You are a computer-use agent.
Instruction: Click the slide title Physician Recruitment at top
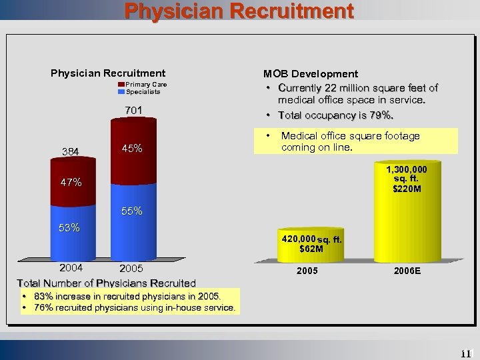[x=239, y=11]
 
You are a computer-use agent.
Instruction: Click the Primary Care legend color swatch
[x=122, y=85]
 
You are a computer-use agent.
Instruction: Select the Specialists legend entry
[x=143, y=92]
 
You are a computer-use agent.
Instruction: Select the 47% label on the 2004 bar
[x=70, y=182]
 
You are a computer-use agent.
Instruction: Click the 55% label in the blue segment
[x=131, y=211]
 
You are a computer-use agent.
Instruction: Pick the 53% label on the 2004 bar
[x=69, y=228]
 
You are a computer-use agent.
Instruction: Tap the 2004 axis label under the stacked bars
[x=71, y=268]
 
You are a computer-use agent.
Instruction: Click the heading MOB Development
[x=311, y=74]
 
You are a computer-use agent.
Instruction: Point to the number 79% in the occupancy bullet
[x=383, y=115]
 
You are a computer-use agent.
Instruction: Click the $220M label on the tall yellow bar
[x=407, y=189]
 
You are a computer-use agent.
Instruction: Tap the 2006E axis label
[x=406, y=272]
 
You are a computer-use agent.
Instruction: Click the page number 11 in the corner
[x=465, y=353]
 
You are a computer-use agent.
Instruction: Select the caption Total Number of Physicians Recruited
[x=107, y=283]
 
